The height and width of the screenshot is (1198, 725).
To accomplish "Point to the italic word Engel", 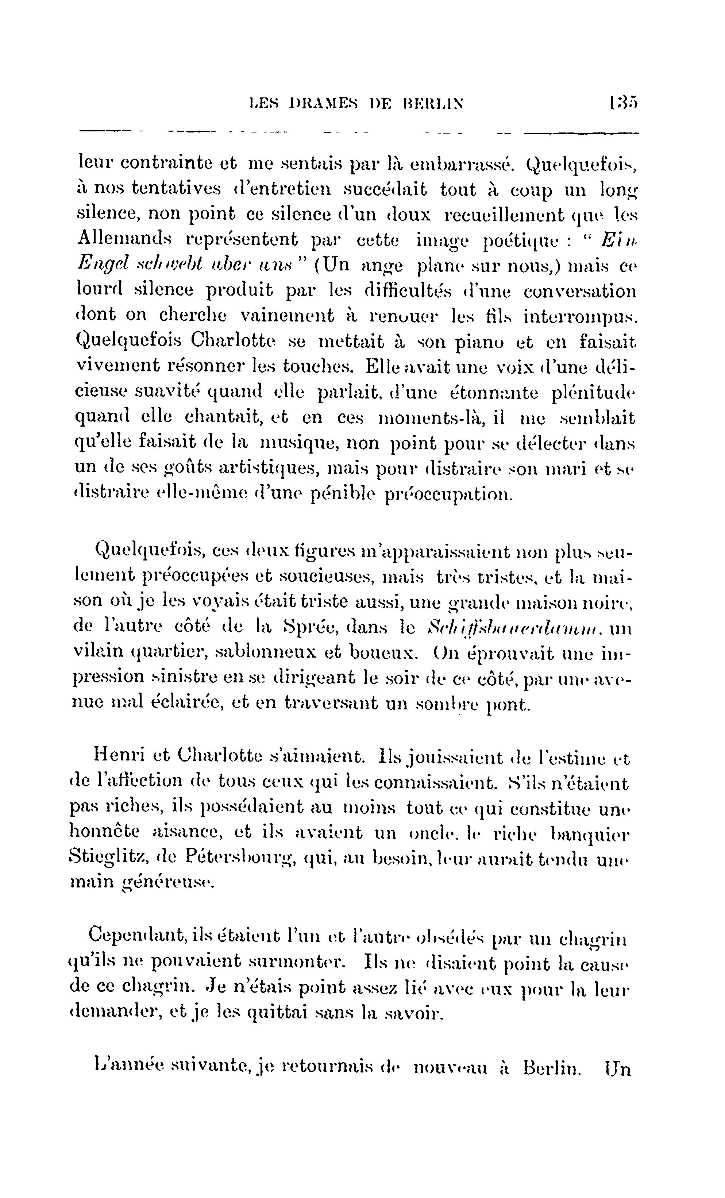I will coord(103,265).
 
